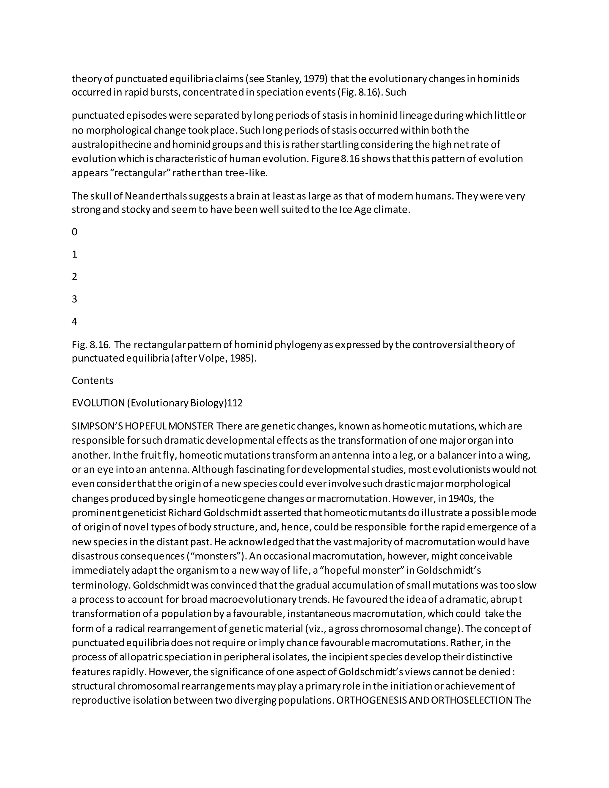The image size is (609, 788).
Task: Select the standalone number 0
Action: point(74,232)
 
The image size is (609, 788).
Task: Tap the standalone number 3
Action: point(74,299)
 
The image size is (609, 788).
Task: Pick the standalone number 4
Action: point(74,321)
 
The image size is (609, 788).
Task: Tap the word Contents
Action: point(92,381)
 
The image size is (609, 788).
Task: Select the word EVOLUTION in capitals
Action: point(98,403)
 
